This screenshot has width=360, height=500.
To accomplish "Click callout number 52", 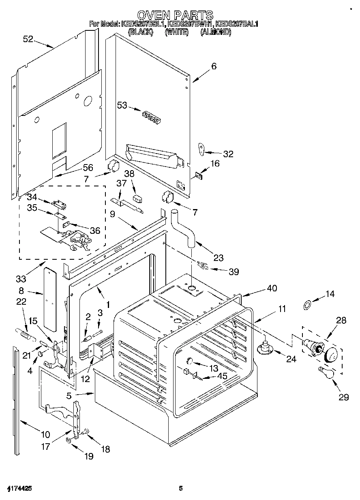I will [28, 39].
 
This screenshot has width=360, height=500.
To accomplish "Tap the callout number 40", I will [272, 288].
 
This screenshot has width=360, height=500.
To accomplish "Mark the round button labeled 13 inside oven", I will [190, 361].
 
